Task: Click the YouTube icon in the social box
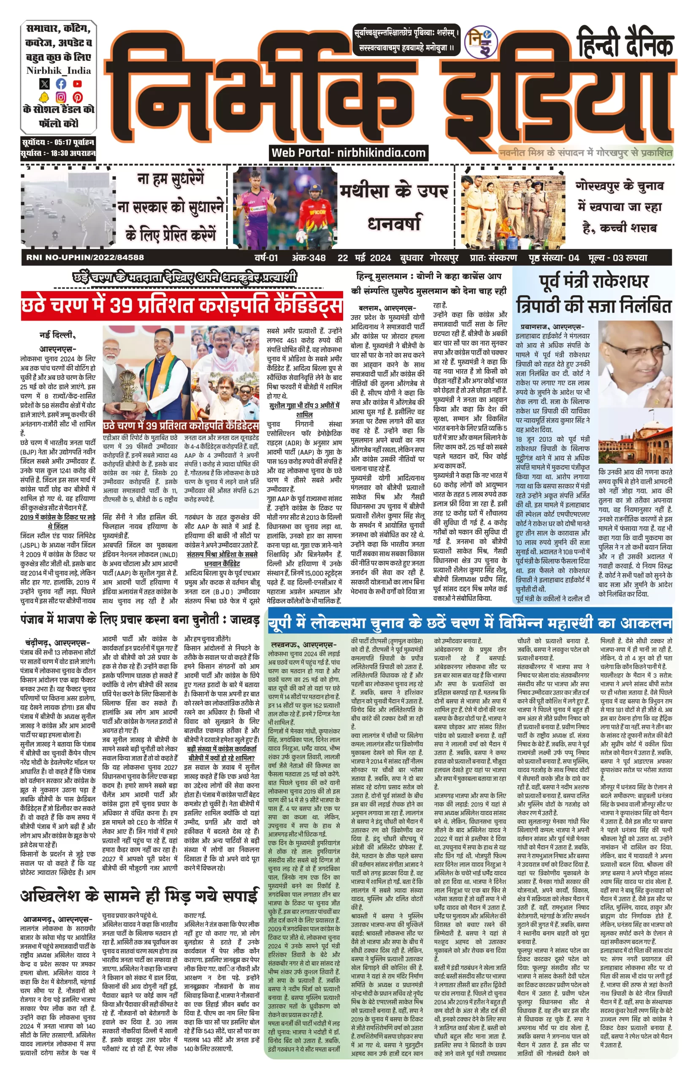(x=77, y=84)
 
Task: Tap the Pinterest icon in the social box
(x=77, y=97)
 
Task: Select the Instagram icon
(x=61, y=97)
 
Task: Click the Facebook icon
(x=61, y=84)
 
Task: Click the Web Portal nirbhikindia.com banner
(x=348, y=152)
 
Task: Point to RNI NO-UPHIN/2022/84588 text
(x=85, y=258)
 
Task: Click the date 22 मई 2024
(x=364, y=258)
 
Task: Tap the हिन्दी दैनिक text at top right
(x=625, y=43)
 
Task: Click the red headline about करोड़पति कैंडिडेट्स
(x=182, y=306)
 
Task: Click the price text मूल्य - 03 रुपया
(x=617, y=258)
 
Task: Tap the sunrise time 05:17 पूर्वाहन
(x=72, y=142)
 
